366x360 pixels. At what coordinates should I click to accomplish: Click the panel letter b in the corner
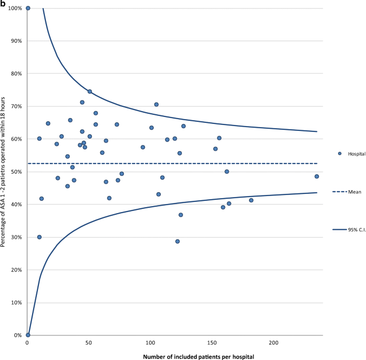(x=3, y=4)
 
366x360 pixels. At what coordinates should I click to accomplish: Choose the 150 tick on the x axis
(x=212, y=342)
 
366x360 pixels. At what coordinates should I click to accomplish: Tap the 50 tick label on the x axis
(x=89, y=342)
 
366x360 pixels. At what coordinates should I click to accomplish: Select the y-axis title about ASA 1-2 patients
(x=4, y=171)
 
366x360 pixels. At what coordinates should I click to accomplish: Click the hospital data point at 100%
(x=28, y=8)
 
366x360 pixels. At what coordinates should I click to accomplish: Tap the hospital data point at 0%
(x=28, y=335)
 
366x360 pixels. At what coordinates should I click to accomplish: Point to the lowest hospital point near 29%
(x=177, y=241)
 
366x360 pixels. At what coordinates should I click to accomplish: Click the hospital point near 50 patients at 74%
(x=90, y=91)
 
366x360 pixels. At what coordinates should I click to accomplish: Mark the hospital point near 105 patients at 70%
(x=157, y=104)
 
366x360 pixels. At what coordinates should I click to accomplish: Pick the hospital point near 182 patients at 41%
(x=251, y=200)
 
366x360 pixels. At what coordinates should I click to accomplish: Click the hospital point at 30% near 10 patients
(x=39, y=237)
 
